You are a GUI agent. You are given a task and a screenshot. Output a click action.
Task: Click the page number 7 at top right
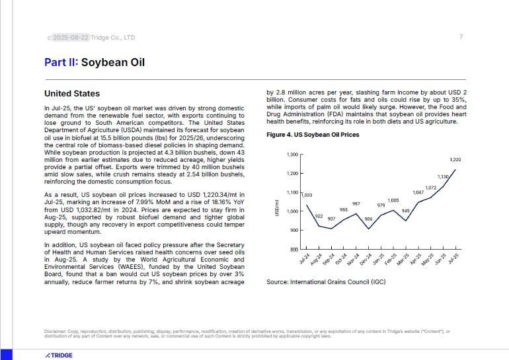tap(461, 37)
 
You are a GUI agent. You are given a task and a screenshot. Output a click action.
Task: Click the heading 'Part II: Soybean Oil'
tap(95, 63)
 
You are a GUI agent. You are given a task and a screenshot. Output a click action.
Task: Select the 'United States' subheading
tap(72, 94)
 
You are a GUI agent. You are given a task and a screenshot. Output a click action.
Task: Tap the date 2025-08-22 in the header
tap(70, 38)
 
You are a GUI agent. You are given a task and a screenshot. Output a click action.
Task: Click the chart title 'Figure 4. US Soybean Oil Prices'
tap(313, 135)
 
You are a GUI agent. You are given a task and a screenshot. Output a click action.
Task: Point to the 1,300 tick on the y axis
tap(292, 155)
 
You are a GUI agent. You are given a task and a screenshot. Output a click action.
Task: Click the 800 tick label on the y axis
tap(294, 250)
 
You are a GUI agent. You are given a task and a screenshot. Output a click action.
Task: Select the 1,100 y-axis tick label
tap(292, 192)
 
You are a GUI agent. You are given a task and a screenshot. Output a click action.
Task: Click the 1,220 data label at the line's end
tap(455, 160)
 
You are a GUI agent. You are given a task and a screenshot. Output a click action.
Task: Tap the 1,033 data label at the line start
tap(306, 195)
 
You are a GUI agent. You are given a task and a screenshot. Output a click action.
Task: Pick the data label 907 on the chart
tap(331, 219)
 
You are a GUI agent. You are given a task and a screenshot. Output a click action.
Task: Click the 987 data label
tap(356, 204)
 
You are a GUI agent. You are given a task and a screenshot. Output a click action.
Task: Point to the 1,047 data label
tap(418, 192)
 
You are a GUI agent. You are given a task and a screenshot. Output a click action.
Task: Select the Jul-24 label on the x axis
tap(304, 259)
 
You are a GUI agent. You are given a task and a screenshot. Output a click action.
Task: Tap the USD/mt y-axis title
tap(277, 207)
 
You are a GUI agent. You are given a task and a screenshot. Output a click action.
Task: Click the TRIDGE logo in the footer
tap(59, 355)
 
